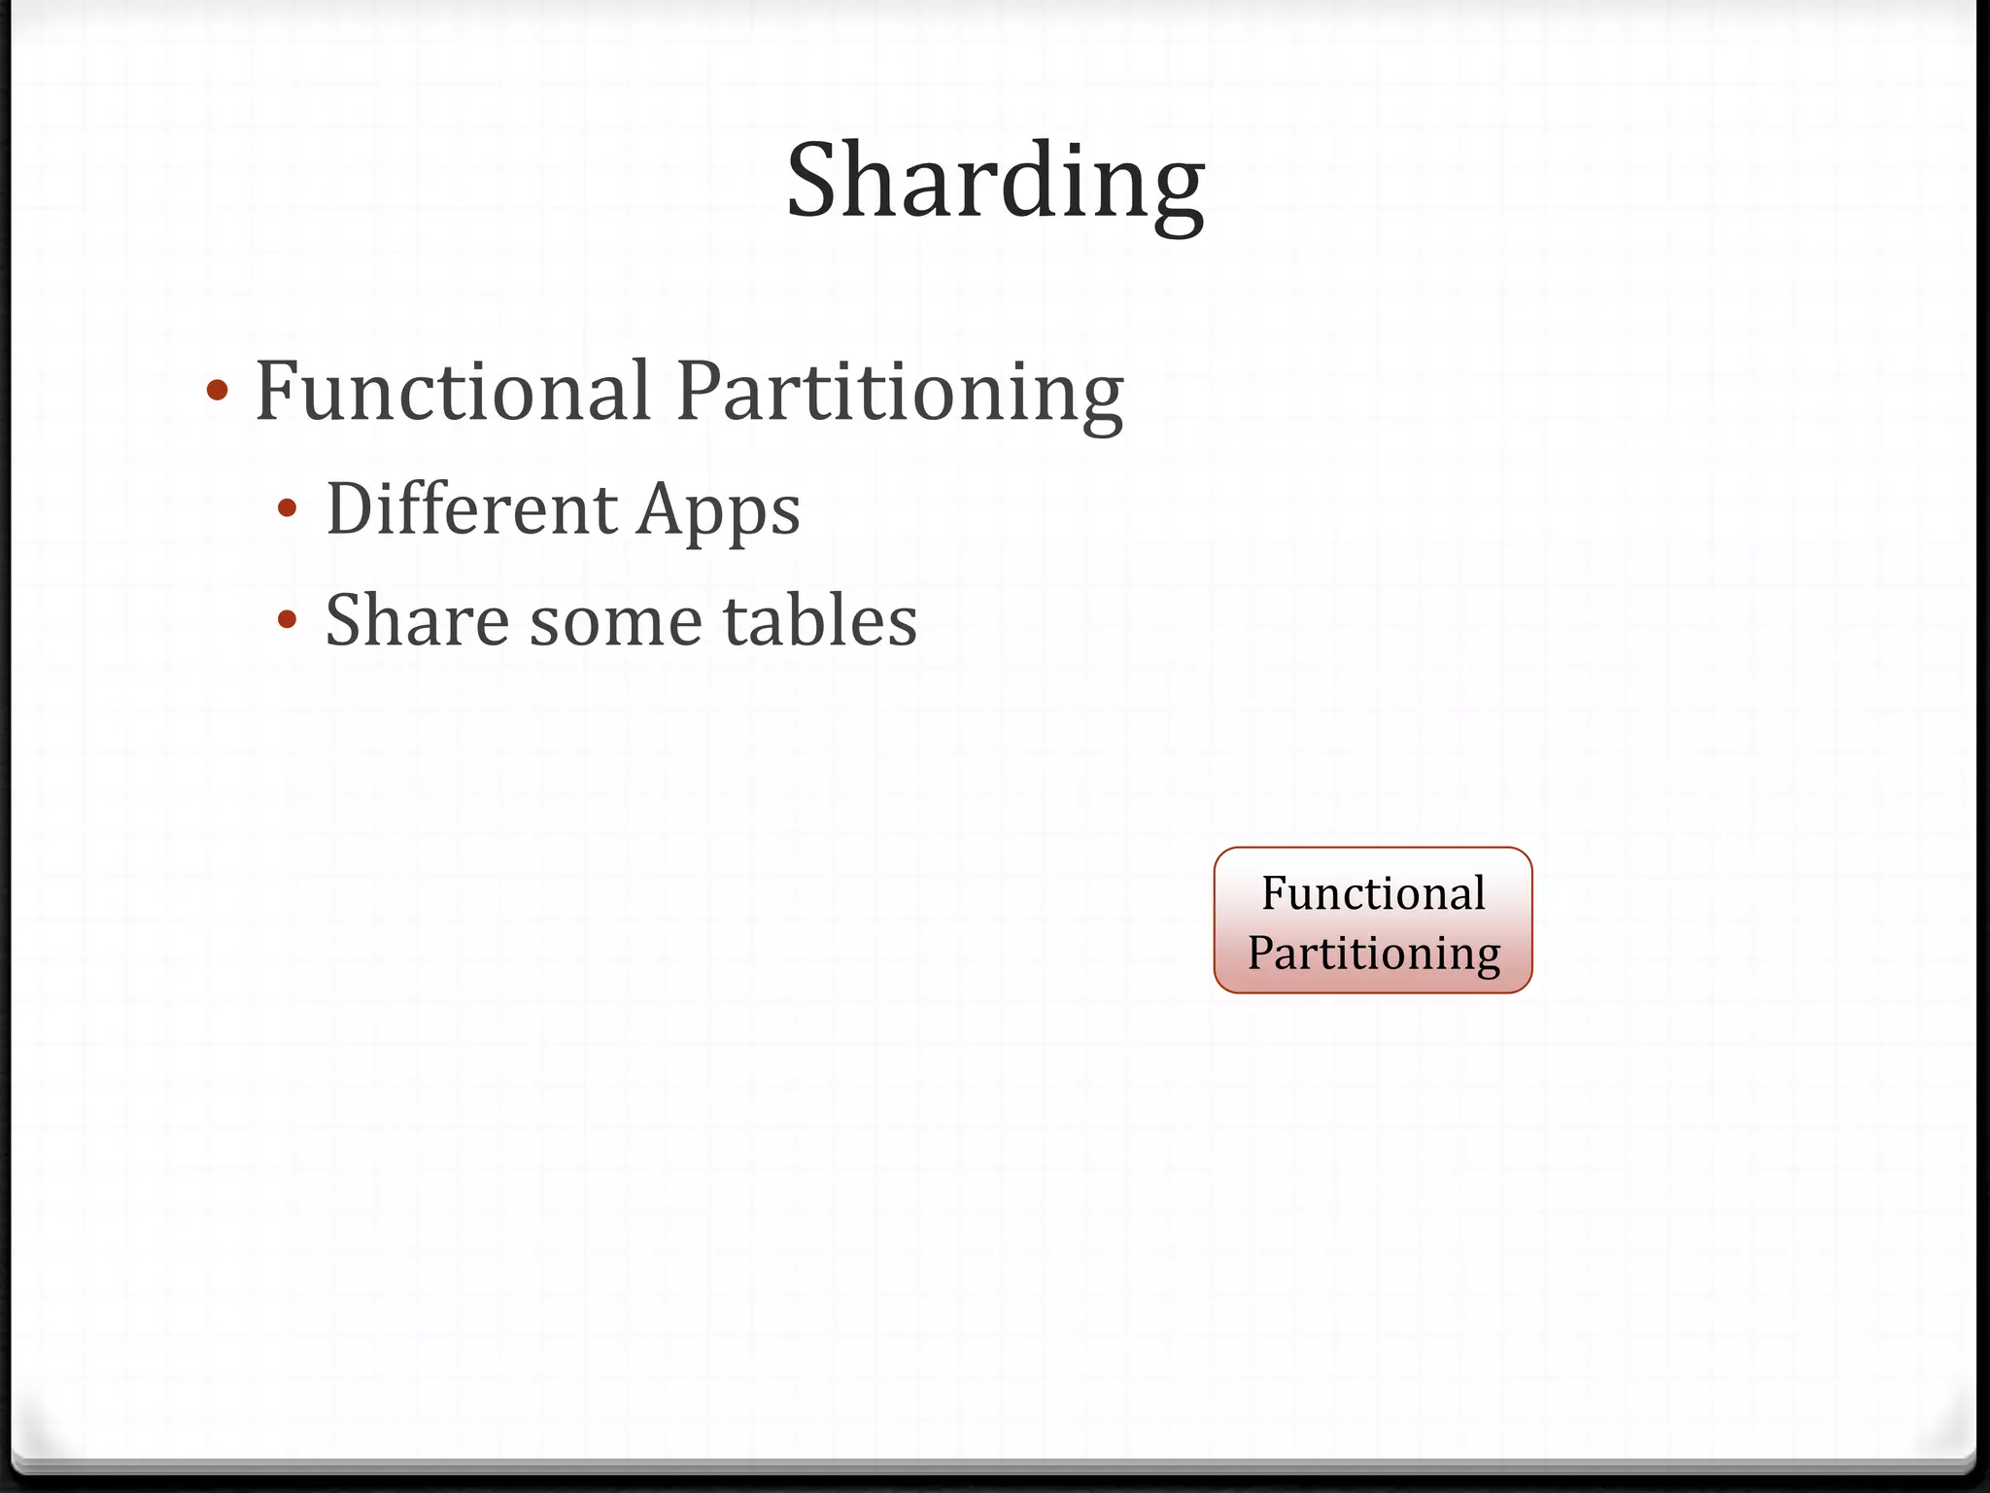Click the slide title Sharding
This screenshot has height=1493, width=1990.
tap(995, 182)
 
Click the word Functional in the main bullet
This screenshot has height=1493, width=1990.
tap(452, 391)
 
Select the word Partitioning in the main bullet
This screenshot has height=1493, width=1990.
tap(900, 391)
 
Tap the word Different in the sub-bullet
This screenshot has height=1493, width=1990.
tap(471, 508)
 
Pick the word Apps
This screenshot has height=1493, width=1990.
tap(718, 510)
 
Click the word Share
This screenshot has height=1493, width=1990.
tap(417, 620)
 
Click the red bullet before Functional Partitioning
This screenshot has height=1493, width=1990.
tap(218, 392)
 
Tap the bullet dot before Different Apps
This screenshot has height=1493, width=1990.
tap(287, 508)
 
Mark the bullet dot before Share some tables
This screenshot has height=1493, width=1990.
tap(287, 620)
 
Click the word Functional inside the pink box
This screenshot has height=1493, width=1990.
tap(1373, 892)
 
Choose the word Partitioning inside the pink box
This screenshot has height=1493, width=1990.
tap(1374, 953)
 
